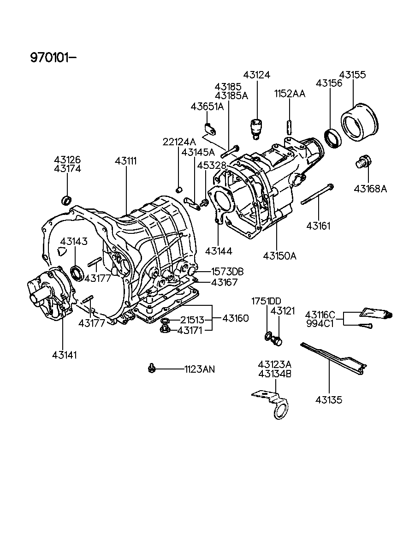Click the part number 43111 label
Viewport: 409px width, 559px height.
tap(126, 161)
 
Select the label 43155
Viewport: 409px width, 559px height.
tap(353, 75)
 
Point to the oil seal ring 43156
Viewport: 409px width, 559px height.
tap(332, 137)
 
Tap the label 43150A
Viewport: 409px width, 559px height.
tap(280, 255)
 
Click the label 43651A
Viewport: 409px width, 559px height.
tap(207, 107)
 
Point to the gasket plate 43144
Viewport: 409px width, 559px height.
tap(219, 206)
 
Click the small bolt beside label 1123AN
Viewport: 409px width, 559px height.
tap(151, 368)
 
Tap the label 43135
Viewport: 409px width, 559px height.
tap(329, 399)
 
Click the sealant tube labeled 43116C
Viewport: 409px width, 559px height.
tap(376, 313)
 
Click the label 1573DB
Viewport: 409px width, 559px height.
tap(227, 272)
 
